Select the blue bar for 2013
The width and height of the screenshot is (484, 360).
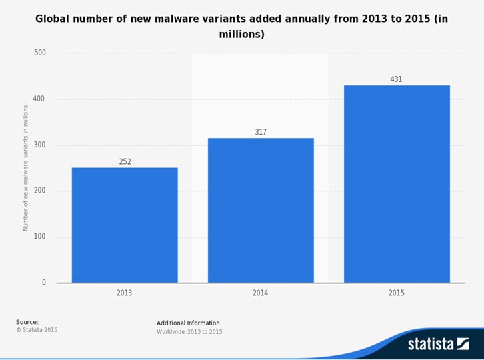[125, 225]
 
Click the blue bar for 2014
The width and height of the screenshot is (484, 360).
[261, 210]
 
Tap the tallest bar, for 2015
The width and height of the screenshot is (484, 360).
[397, 184]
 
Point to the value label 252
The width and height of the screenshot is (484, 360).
[125, 161]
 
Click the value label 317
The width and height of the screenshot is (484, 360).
[261, 132]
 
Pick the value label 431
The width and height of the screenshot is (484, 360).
[396, 79]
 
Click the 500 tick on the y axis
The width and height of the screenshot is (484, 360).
[40, 53]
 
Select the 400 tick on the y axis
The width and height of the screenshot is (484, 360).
[40, 99]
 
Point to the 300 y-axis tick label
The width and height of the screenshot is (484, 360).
[40, 145]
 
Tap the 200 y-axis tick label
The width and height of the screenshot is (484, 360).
[40, 191]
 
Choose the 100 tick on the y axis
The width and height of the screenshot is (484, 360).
[40, 237]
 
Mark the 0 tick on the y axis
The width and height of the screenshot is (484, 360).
[44, 283]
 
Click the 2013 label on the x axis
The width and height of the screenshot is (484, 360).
[125, 293]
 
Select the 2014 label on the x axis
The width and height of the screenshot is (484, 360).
[261, 293]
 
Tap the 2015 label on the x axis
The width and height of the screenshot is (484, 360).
[397, 293]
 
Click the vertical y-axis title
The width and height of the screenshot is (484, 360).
[26, 167]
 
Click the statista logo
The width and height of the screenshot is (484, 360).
[438, 344]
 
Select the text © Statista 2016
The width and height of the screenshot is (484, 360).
[37, 330]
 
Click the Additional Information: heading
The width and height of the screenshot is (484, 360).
[189, 323]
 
